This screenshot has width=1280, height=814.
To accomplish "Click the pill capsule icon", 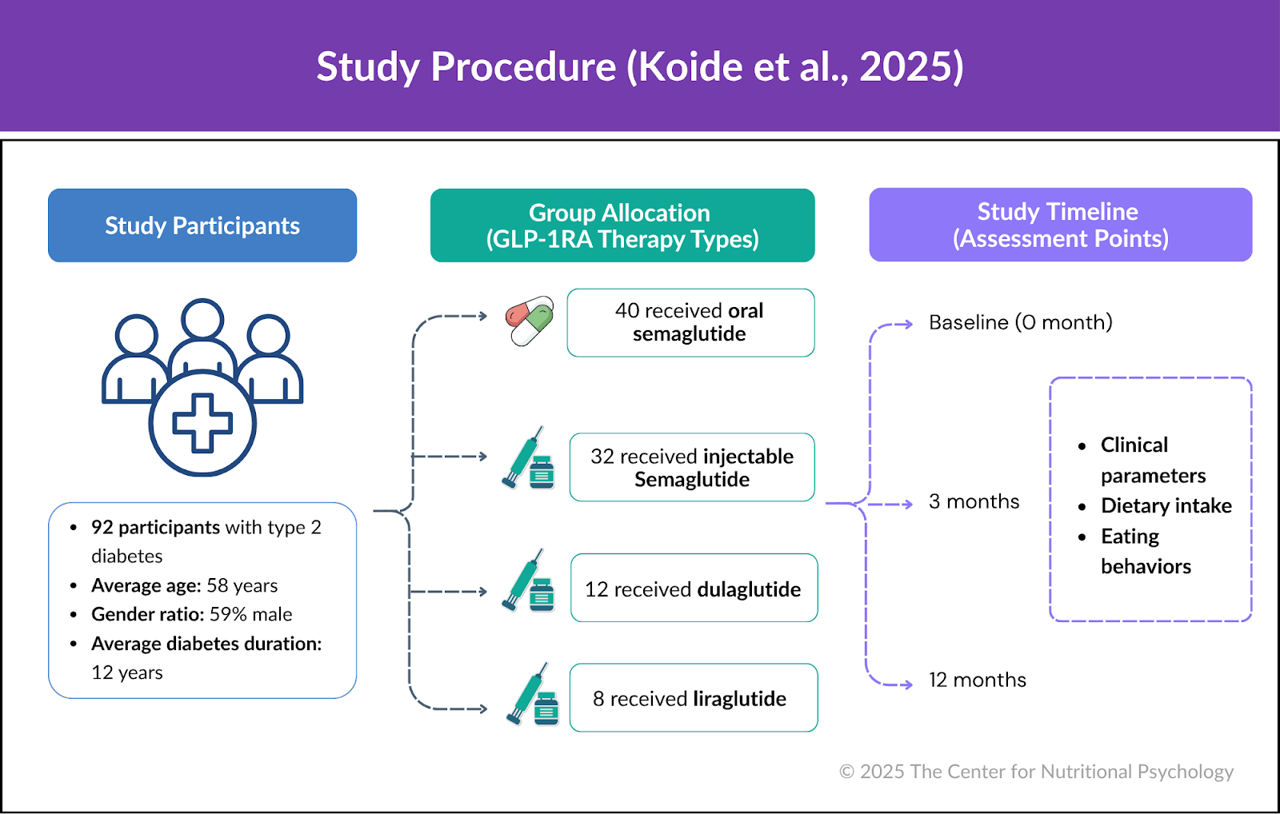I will pos(530,321).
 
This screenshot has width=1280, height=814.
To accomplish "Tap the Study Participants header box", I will pos(202,225).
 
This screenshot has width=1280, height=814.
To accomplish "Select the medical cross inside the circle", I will pos(202,423).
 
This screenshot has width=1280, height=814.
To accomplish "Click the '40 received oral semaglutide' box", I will pos(690,322).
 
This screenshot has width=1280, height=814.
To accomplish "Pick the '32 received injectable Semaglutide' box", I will pos(692,468).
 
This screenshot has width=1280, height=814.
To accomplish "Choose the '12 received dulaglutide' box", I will pos(694,589).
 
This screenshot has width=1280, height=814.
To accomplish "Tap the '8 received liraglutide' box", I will pos(693,698).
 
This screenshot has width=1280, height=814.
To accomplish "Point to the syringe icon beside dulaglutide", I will pos(528,581).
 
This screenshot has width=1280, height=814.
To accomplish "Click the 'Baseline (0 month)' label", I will pos(1020,322).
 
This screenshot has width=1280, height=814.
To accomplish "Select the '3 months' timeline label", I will pos(974,501).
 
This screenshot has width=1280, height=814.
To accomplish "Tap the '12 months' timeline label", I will pos(977,680).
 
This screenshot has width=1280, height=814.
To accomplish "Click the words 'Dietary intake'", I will pos(1166,505).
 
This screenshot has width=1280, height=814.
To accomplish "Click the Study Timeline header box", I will pos(1060,225).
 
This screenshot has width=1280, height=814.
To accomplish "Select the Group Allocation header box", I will pos(622,225).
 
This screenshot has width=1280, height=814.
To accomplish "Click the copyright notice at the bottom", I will pos(1036,772).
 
